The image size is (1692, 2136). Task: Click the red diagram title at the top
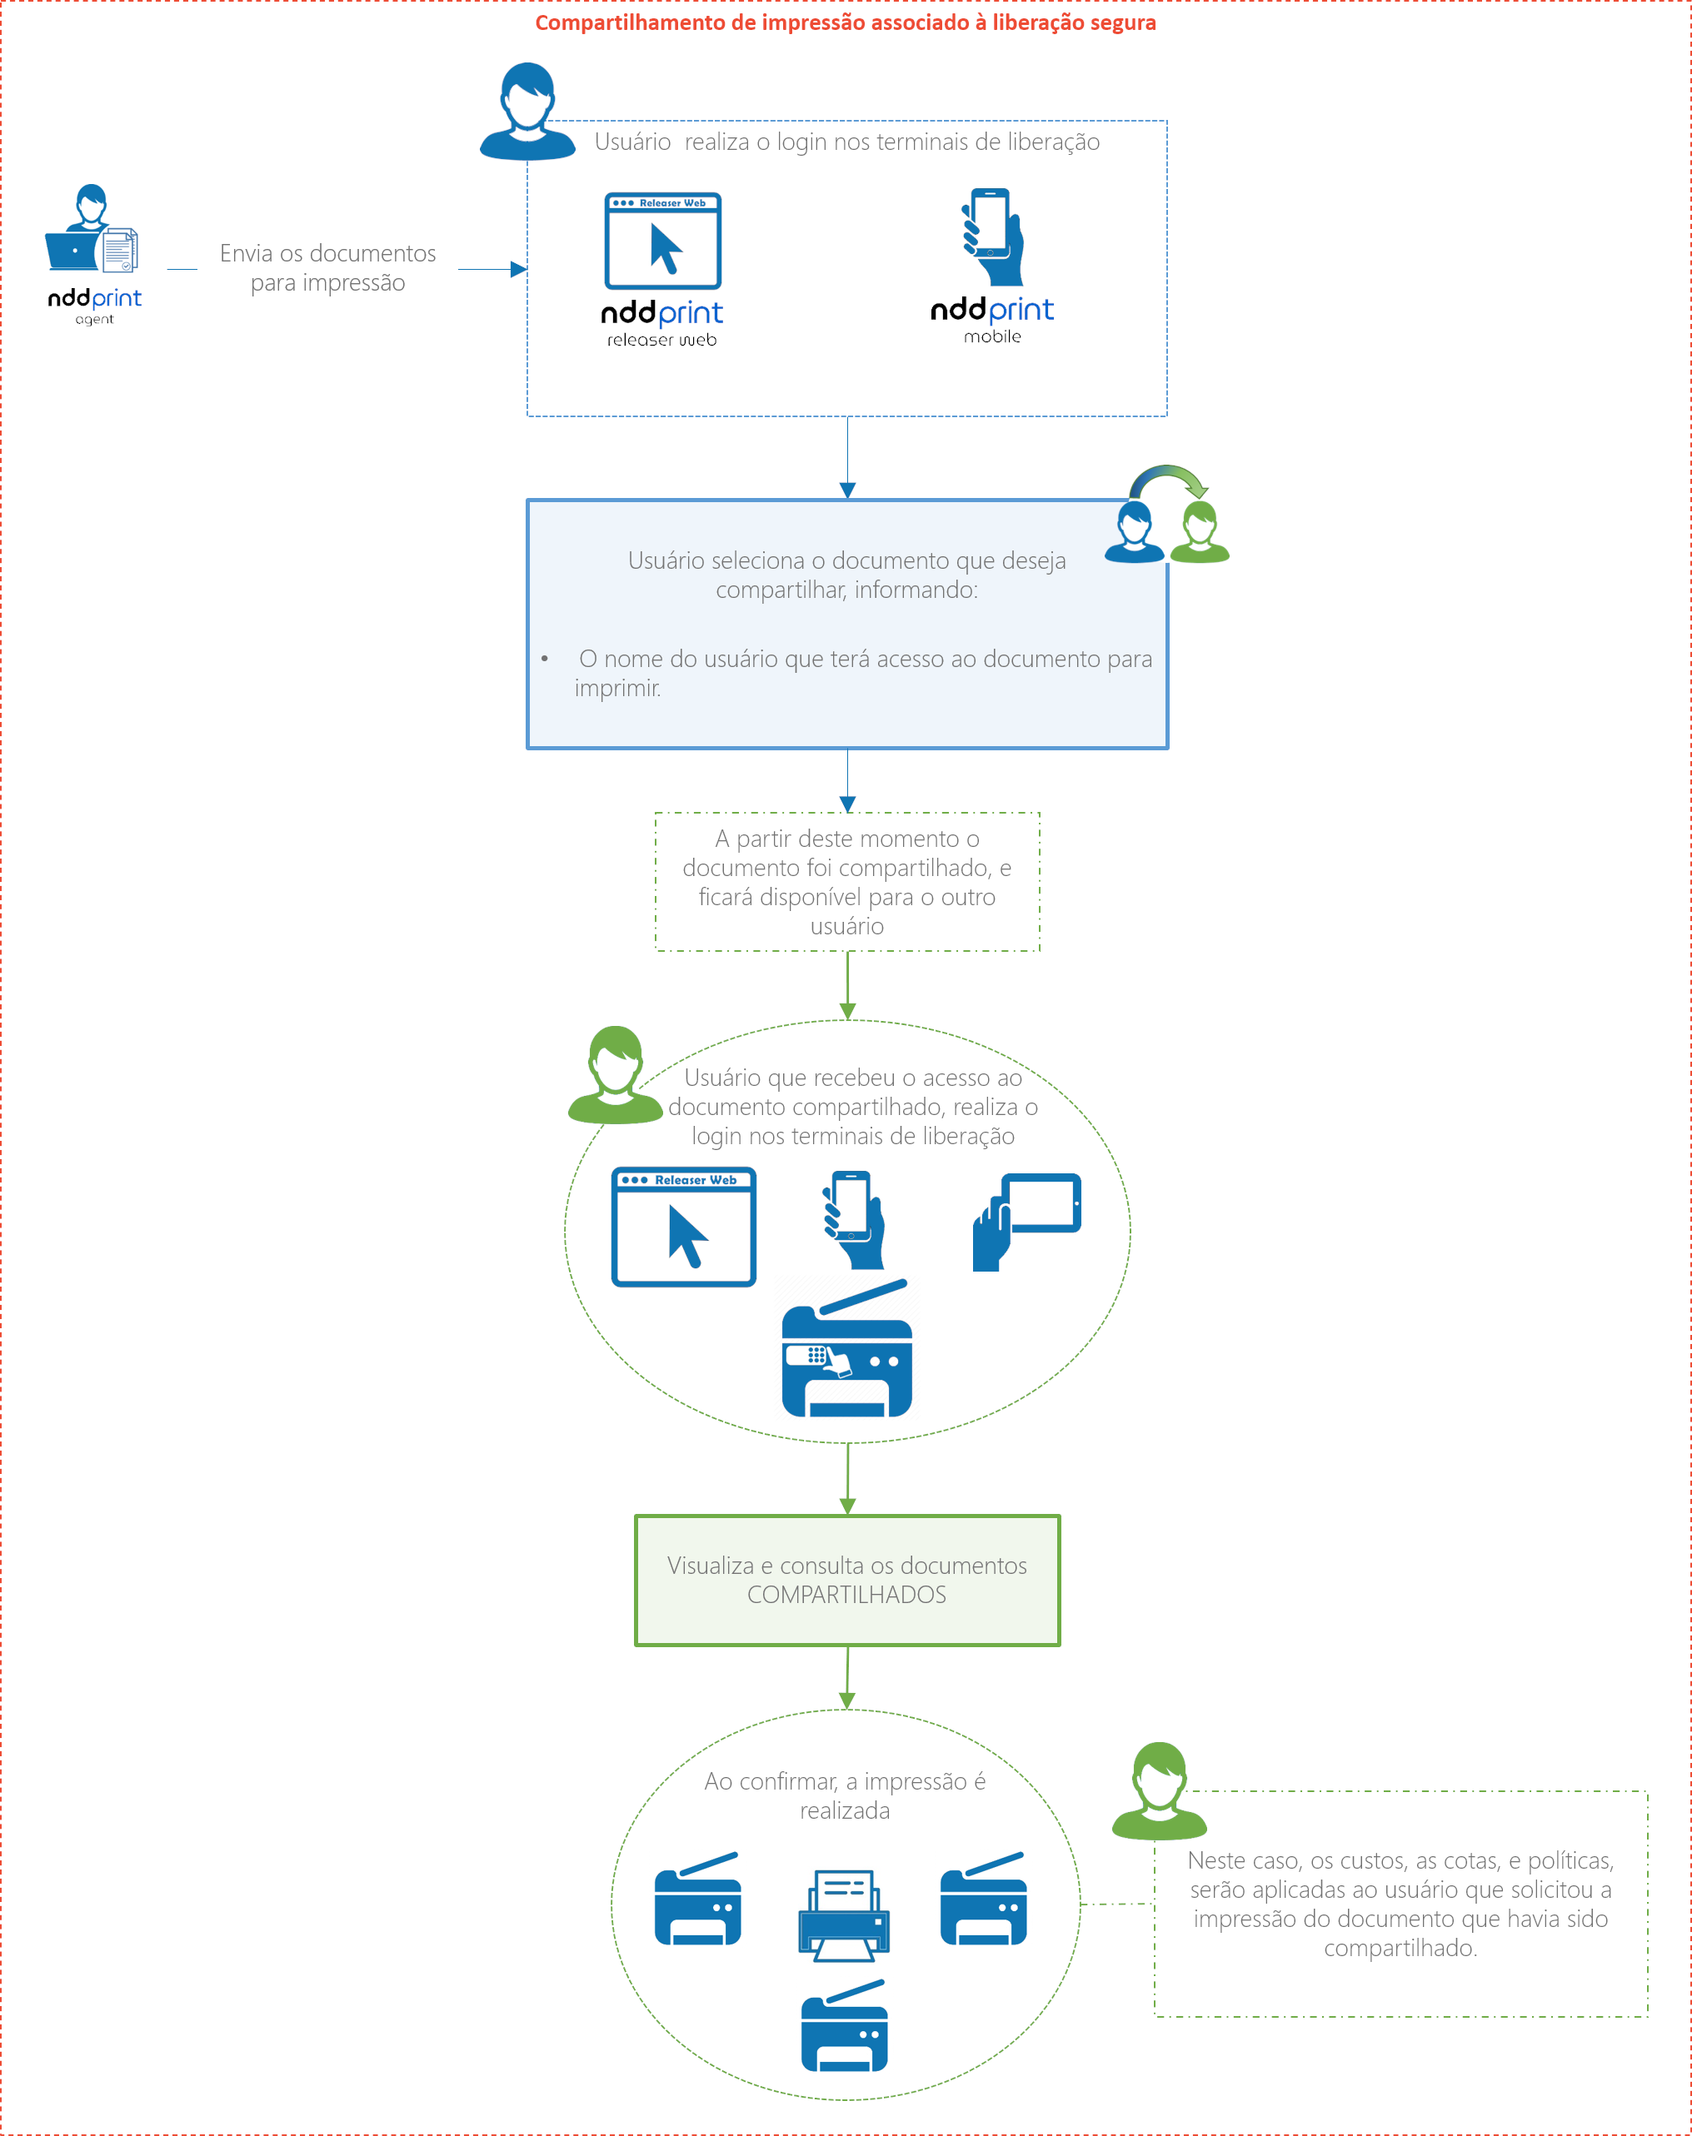click(x=845, y=22)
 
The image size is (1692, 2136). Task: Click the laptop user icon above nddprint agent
click(x=91, y=229)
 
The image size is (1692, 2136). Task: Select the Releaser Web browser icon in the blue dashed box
click(x=663, y=241)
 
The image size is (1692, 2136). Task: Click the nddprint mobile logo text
click(x=991, y=319)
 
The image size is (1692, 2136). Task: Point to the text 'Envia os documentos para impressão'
click(x=328, y=267)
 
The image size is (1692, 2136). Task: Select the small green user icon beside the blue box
click(x=1200, y=532)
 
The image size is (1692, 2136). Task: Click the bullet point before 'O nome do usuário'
click(x=545, y=659)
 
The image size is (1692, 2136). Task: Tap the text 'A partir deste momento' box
click(x=847, y=881)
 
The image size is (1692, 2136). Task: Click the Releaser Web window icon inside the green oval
click(x=683, y=1226)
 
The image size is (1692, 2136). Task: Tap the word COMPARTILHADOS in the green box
click(x=847, y=1595)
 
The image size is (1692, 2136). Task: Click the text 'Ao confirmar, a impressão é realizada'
click(x=845, y=1795)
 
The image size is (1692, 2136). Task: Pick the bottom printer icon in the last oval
click(x=844, y=2026)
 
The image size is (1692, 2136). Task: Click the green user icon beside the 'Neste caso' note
click(x=1159, y=1791)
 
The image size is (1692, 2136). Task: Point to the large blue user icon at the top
click(x=527, y=111)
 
